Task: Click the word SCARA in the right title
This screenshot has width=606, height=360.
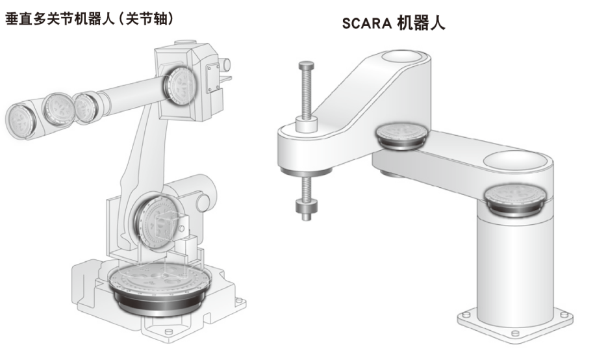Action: (x=367, y=23)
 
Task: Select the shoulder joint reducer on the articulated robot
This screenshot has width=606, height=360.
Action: (x=157, y=220)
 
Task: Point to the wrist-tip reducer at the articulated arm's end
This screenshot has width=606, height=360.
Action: (x=21, y=120)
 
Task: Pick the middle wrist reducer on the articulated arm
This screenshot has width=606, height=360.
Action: (x=58, y=109)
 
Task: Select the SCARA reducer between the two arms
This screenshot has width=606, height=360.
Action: (x=402, y=136)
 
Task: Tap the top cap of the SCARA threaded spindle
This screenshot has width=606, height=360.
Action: (x=307, y=66)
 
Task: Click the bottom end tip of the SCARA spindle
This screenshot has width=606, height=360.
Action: (x=307, y=216)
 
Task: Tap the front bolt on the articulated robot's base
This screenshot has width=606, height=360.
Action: (x=168, y=332)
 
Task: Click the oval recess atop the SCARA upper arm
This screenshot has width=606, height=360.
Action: (x=402, y=58)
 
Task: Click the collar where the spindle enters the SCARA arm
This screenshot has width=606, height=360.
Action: (x=307, y=123)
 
